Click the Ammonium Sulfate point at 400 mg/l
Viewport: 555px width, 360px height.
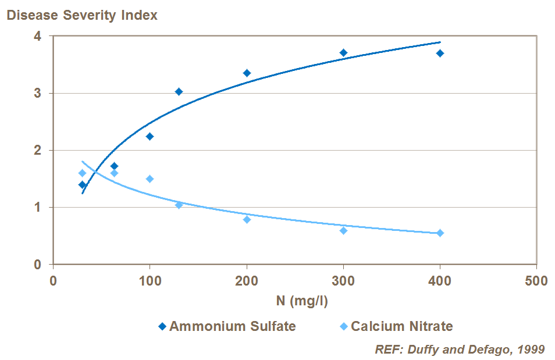pos(440,53)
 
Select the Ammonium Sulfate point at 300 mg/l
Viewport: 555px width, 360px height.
pos(343,52)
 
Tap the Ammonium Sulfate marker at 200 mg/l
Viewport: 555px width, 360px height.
pos(247,73)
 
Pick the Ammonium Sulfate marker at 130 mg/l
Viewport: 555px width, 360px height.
pos(179,91)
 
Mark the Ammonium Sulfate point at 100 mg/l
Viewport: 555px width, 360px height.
pos(150,136)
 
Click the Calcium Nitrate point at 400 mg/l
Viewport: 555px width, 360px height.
pos(440,233)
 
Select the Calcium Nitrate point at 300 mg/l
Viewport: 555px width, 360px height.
pos(343,230)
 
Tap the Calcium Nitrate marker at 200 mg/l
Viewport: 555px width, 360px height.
pos(247,219)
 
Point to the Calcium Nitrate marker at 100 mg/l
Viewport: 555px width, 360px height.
pos(150,179)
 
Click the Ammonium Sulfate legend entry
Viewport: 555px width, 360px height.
pos(227,326)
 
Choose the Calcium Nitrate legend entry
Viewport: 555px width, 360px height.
pos(396,326)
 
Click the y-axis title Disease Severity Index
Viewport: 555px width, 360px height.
pos(82,16)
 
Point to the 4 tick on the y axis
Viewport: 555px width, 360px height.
pos(37,36)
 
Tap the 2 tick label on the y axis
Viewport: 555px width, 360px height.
pos(37,150)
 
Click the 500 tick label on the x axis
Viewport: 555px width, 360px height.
pos(536,281)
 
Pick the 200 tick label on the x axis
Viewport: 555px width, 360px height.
pos(247,281)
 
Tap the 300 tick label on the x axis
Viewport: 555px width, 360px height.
pos(343,281)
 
